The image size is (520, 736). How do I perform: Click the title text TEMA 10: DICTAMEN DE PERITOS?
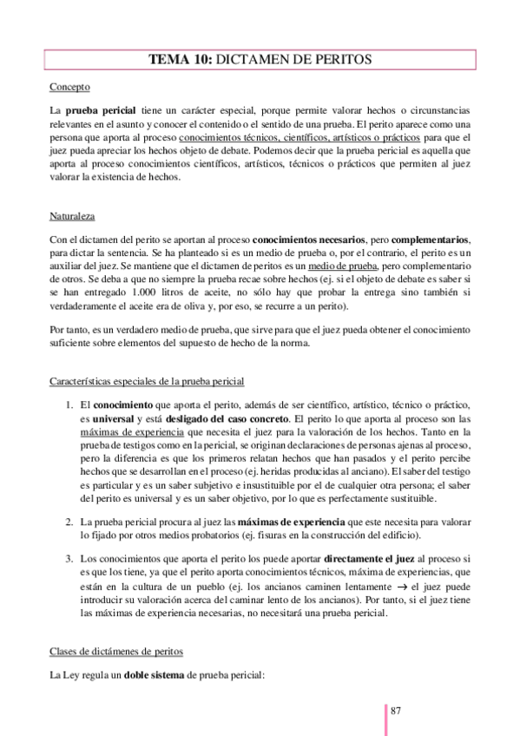(260, 60)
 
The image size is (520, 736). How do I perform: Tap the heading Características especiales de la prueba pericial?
(147, 380)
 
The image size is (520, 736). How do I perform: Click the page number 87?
(396, 711)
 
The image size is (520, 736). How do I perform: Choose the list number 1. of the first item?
(70, 405)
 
